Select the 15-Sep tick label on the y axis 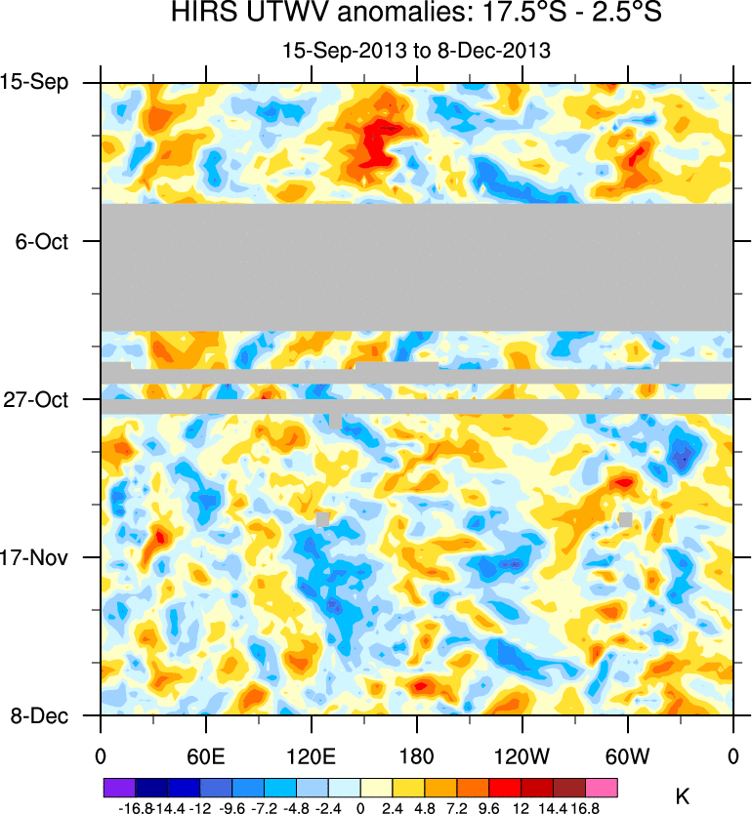(34, 82)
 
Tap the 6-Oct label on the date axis (42, 241)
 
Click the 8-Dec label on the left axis (39, 716)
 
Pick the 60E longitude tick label (206, 756)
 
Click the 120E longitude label (312, 756)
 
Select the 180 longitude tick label (417, 756)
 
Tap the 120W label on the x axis (522, 756)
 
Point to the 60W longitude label (628, 756)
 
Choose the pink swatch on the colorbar (602, 787)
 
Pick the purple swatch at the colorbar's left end (118, 787)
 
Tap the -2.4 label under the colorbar (328, 808)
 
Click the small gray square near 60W (625, 519)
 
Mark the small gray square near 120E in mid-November (322, 519)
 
